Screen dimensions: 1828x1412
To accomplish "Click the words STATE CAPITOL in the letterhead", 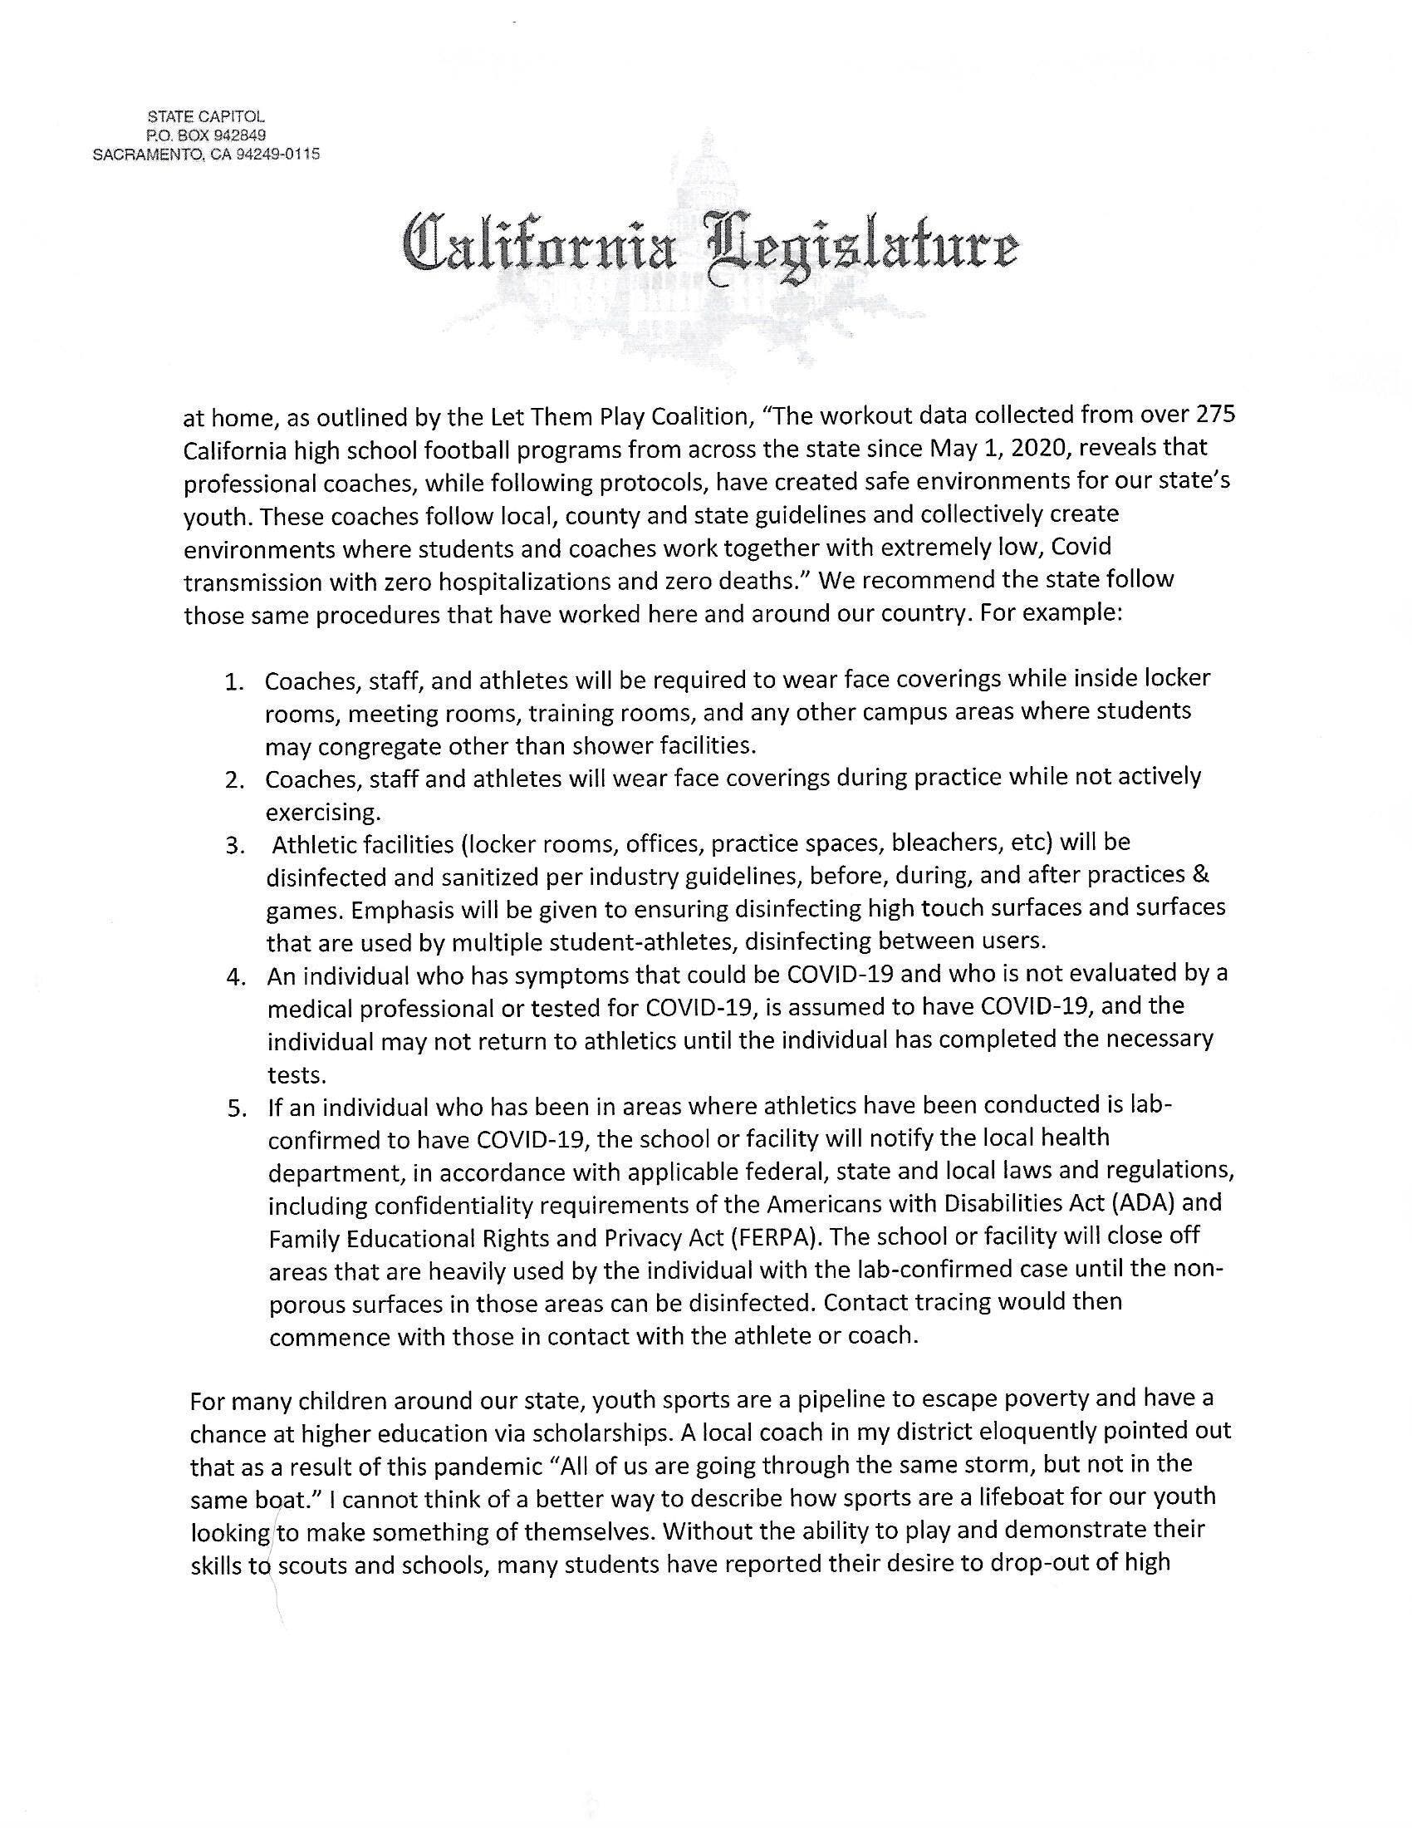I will click(206, 117).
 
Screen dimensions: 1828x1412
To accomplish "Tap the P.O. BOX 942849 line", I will click(206, 135).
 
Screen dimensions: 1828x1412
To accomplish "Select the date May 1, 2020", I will click(1001, 449).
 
